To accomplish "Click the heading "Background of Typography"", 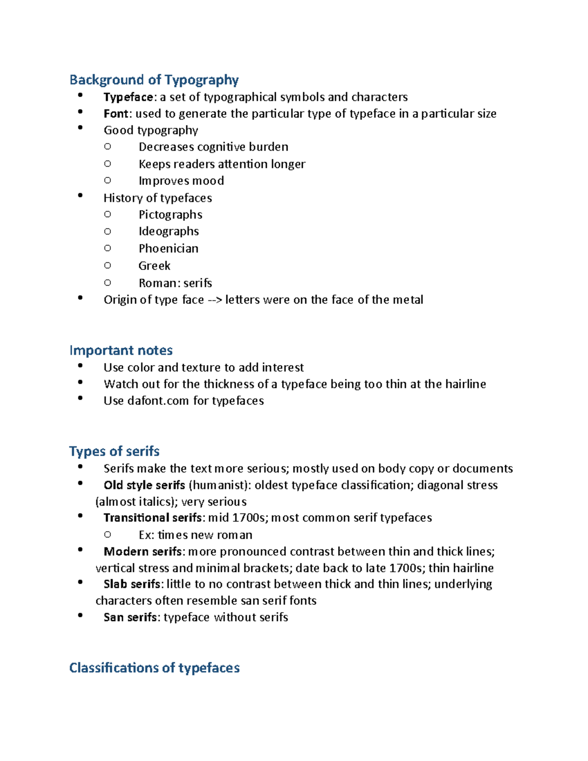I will click(154, 80).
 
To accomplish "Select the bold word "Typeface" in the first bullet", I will click(128, 97).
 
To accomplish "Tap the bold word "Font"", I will click(116, 114).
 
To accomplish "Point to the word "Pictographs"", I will click(170, 215).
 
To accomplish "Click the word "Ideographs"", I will click(169, 231).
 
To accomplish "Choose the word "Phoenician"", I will click(168, 248).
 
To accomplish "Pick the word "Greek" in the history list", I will click(154, 266).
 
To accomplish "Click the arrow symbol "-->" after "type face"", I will click(215, 300).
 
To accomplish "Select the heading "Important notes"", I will click(121, 350).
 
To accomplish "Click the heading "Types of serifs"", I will click(114, 451).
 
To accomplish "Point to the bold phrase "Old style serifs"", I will click(144, 485).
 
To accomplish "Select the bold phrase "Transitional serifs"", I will click(152, 518).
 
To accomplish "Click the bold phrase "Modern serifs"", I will click(143, 552).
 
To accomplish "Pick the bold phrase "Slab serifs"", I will click(132, 584).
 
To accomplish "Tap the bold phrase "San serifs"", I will click(130, 617).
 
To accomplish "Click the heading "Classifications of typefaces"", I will click(154, 668).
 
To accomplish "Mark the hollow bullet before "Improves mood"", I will click(108, 180).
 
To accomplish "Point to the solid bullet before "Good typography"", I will click(80, 128).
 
